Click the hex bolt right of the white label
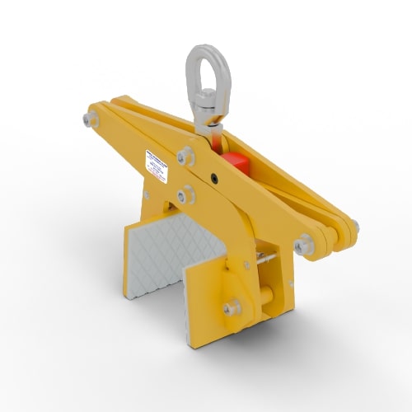(x=185, y=157)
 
